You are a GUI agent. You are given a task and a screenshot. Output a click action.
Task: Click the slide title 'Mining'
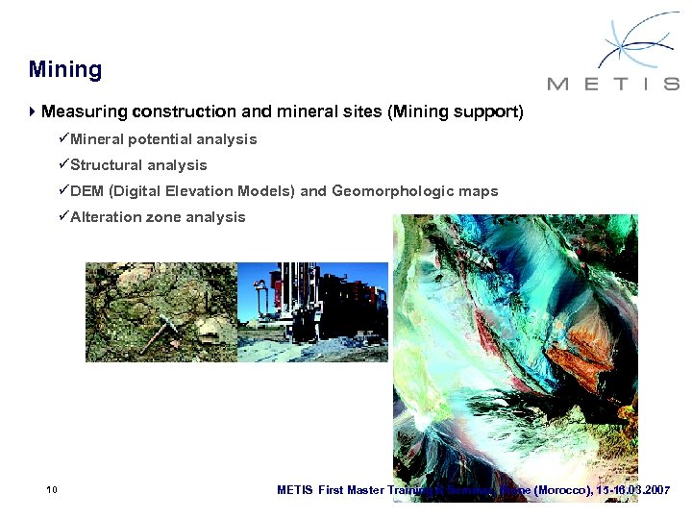point(65,69)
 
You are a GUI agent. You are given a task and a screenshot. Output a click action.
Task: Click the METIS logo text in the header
point(613,84)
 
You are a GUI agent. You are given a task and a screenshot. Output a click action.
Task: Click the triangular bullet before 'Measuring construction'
point(33,111)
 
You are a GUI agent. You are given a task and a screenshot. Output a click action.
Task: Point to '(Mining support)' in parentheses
point(455,112)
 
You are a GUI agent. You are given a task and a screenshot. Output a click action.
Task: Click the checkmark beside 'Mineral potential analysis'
point(63,139)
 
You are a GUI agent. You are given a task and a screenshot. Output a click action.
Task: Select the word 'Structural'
point(107,165)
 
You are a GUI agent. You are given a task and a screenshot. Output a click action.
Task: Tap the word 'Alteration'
point(107,217)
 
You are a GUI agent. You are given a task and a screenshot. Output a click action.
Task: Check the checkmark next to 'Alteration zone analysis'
point(63,217)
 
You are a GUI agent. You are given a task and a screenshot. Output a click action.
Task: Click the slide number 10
point(52,490)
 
